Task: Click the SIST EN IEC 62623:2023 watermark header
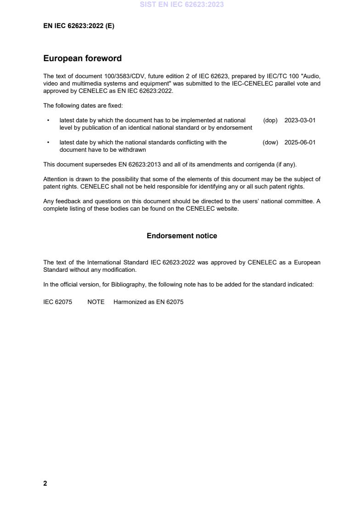182,5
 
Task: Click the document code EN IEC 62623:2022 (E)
78,26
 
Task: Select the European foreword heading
82,58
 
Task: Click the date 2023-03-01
300,120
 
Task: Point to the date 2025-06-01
300,143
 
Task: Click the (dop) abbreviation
270,120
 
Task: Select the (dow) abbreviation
270,143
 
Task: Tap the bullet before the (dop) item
48,120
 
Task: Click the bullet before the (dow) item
48,143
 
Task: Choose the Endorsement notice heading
182,236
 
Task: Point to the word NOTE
96,302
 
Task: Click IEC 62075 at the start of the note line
57,302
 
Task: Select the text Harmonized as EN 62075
148,302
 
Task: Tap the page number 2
45,483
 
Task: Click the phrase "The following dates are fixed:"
83,105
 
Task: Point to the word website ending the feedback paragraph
228,209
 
